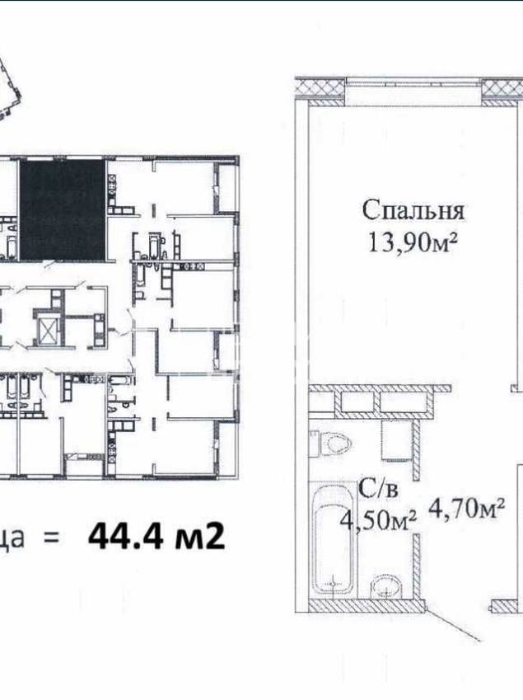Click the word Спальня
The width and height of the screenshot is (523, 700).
click(x=413, y=211)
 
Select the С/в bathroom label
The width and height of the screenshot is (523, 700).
click(x=379, y=490)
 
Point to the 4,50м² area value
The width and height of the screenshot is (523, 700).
click(x=379, y=519)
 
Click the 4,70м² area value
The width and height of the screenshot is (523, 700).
click(x=466, y=508)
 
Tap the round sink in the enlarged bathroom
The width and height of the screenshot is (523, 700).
click(x=386, y=585)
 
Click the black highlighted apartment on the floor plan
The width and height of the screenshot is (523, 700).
click(x=62, y=209)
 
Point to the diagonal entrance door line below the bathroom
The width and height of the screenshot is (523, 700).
click(x=452, y=626)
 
